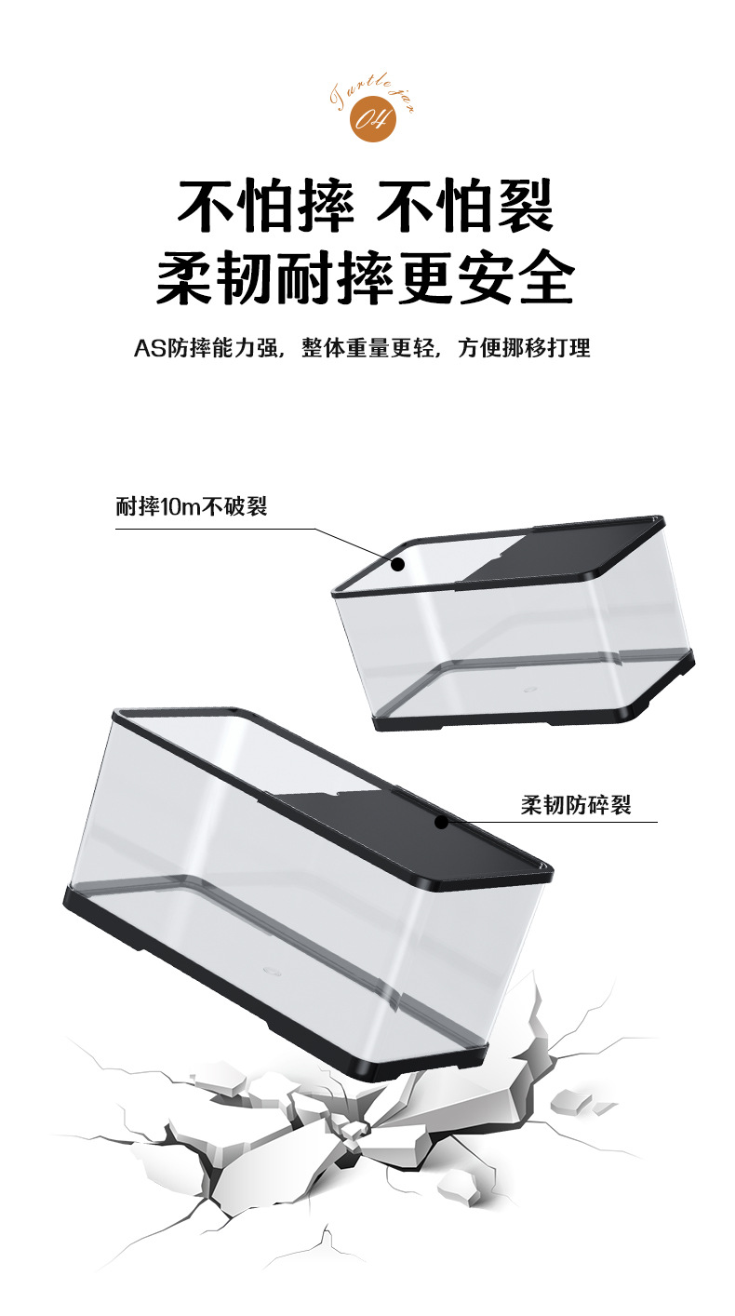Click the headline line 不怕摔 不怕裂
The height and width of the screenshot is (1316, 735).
(x=367, y=206)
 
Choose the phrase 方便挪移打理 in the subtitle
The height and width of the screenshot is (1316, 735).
(x=524, y=349)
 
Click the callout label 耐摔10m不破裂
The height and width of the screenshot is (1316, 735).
(x=192, y=507)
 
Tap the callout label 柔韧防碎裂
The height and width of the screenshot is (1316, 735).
(x=576, y=805)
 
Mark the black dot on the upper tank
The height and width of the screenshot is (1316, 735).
(x=397, y=564)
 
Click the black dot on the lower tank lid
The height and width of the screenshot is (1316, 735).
(x=441, y=822)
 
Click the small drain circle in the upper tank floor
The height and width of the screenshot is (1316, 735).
(x=529, y=692)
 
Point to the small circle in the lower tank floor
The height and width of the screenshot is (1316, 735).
(x=270, y=968)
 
